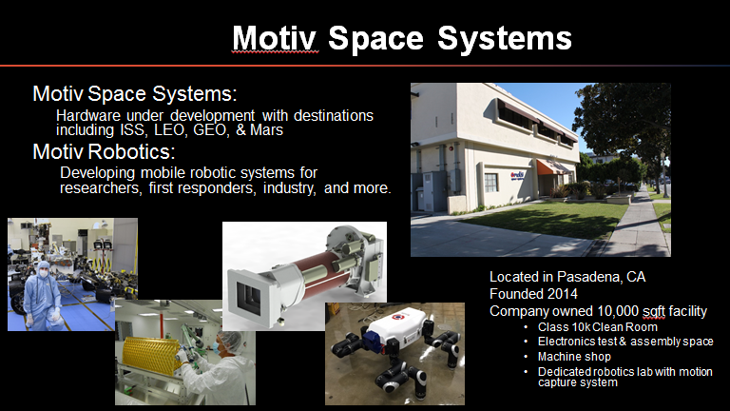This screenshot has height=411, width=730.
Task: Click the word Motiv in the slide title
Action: click(275, 38)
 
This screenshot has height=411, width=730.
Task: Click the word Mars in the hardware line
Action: click(266, 129)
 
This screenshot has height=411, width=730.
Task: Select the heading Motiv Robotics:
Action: click(104, 151)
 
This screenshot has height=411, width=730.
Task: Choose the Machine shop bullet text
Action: click(574, 357)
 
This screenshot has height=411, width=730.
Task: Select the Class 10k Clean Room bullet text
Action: click(598, 327)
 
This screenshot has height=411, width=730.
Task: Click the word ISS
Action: click(134, 129)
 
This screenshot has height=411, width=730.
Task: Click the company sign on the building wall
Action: click(517, 176)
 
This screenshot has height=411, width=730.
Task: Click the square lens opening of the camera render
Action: click(250, 293)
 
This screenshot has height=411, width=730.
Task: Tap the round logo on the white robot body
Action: click(396, 318)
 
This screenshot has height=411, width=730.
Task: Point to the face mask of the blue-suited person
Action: click(44, 274)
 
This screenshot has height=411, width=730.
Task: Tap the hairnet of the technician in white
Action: click(230, 341)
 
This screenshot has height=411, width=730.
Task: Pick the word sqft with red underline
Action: click(654, 311)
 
